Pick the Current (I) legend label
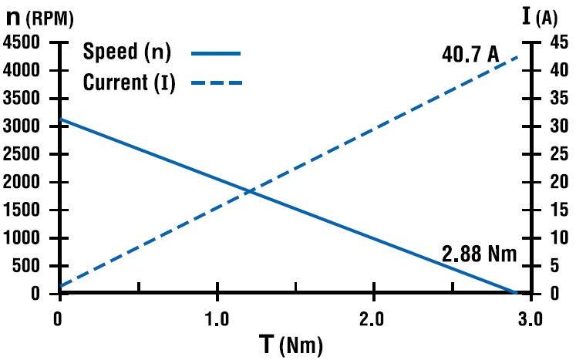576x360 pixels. (x=129, y=82)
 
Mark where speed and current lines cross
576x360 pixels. (x=249, y=190)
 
